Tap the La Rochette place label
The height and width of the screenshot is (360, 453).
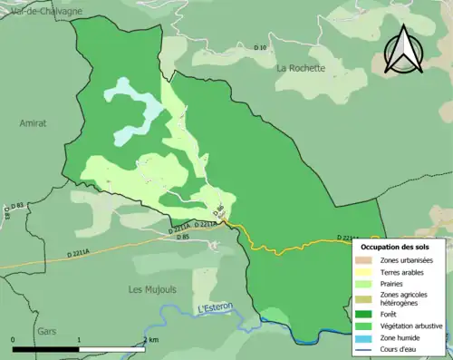[300, 68]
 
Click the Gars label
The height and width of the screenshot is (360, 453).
[46, 331]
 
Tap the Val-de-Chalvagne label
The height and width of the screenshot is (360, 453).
[45, 10]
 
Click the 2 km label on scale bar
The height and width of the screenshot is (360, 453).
[149, 339]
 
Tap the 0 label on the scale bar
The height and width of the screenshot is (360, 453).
[13, 339]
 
